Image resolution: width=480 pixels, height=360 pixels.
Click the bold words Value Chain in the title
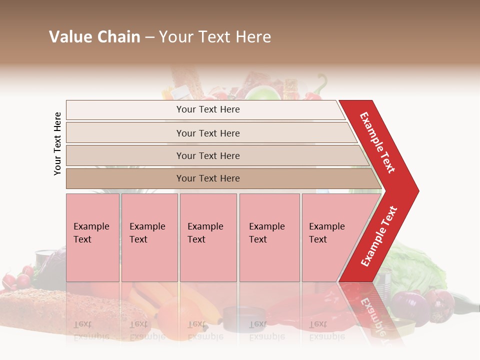pyautogui.click(x=94, y=37)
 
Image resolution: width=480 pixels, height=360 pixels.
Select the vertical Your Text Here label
pyautogui.click(x=57, y=143)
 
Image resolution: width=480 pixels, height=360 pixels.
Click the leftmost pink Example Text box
pyautogui.click(x=92, y=237)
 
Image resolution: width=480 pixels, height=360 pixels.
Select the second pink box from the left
pyautogui.click(x=149, y=237)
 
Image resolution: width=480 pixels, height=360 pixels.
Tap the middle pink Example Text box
pyautogui.click(x=208, y=237)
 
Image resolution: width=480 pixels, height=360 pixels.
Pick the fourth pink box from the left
pyautogui.click(x=269, y=237)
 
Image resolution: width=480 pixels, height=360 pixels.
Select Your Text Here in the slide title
pyautogui.click(x=215, y=37)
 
